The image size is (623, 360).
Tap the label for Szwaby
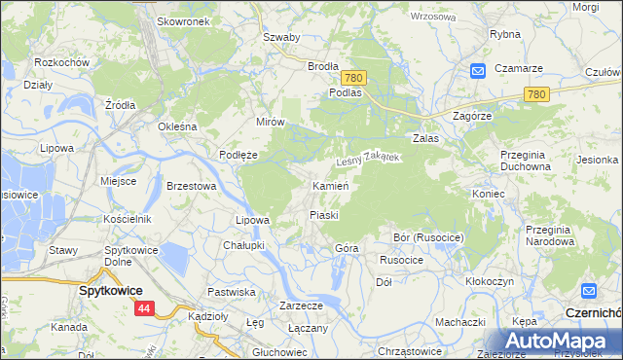281,37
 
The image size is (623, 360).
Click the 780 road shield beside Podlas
353,77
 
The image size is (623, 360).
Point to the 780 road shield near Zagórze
534,93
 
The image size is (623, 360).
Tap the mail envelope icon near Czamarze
478,71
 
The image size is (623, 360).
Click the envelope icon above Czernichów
588,291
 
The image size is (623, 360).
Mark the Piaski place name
323,214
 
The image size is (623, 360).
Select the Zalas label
426,139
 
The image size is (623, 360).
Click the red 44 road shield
144,308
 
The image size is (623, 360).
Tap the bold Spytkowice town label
111,290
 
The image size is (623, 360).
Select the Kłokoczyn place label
490,280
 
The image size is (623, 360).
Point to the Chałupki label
243,245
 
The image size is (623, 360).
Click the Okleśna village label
178,126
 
